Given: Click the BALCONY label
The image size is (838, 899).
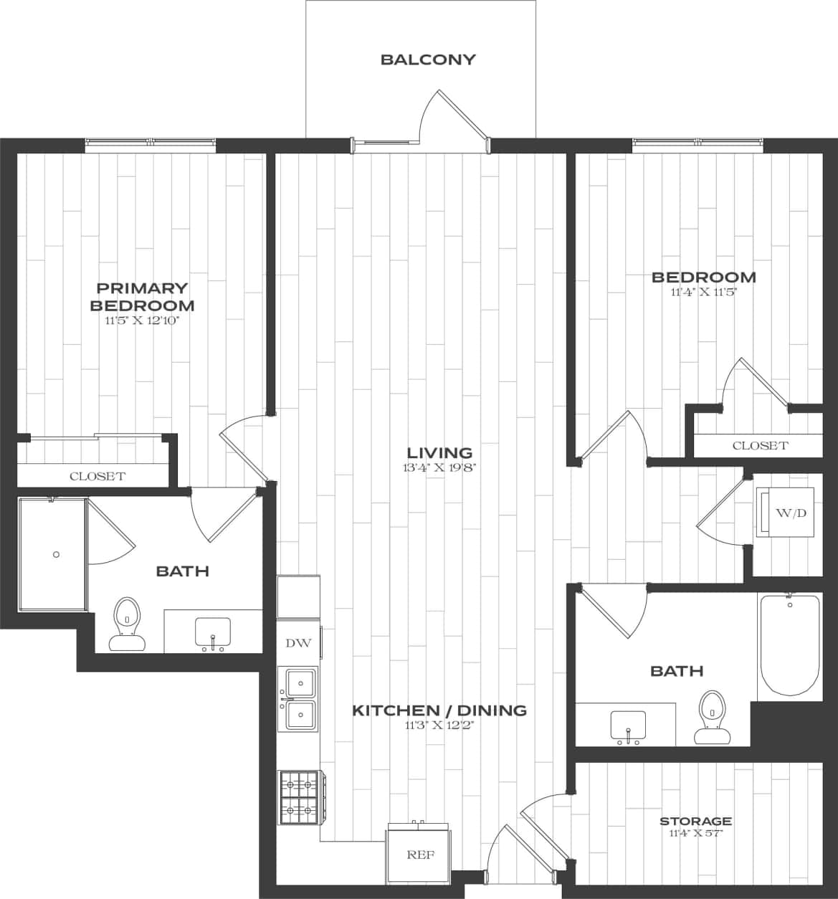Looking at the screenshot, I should click(428, 60).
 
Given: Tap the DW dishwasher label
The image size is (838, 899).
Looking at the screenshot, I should click(298, 643).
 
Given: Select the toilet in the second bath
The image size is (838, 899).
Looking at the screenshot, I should click(711, 716).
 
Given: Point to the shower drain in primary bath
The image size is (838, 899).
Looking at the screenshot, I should click(56, 554).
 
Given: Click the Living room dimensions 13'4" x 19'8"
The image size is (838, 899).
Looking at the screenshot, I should click(439, 468).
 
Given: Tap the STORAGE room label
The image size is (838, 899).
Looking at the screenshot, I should click(695, 821).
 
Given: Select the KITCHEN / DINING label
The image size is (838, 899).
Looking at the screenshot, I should click(439, 710).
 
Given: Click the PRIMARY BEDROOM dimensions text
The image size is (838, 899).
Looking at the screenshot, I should click(141, 321).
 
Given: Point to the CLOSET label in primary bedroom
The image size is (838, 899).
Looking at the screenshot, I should click(97, 476).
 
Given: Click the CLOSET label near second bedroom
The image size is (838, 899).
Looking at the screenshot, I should click(760, 445).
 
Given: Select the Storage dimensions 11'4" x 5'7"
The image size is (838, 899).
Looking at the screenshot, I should click(695, 833).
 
